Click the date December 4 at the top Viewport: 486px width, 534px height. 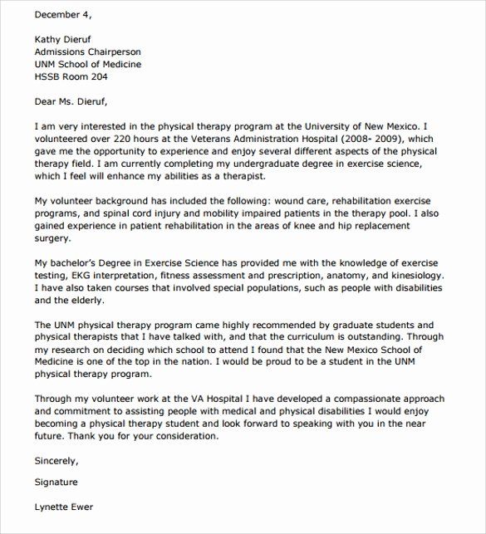point(66,14)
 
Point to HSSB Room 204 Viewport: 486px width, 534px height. point(71,77)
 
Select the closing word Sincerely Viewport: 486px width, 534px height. point(56,460)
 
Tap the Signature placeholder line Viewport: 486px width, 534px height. point(56,482)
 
